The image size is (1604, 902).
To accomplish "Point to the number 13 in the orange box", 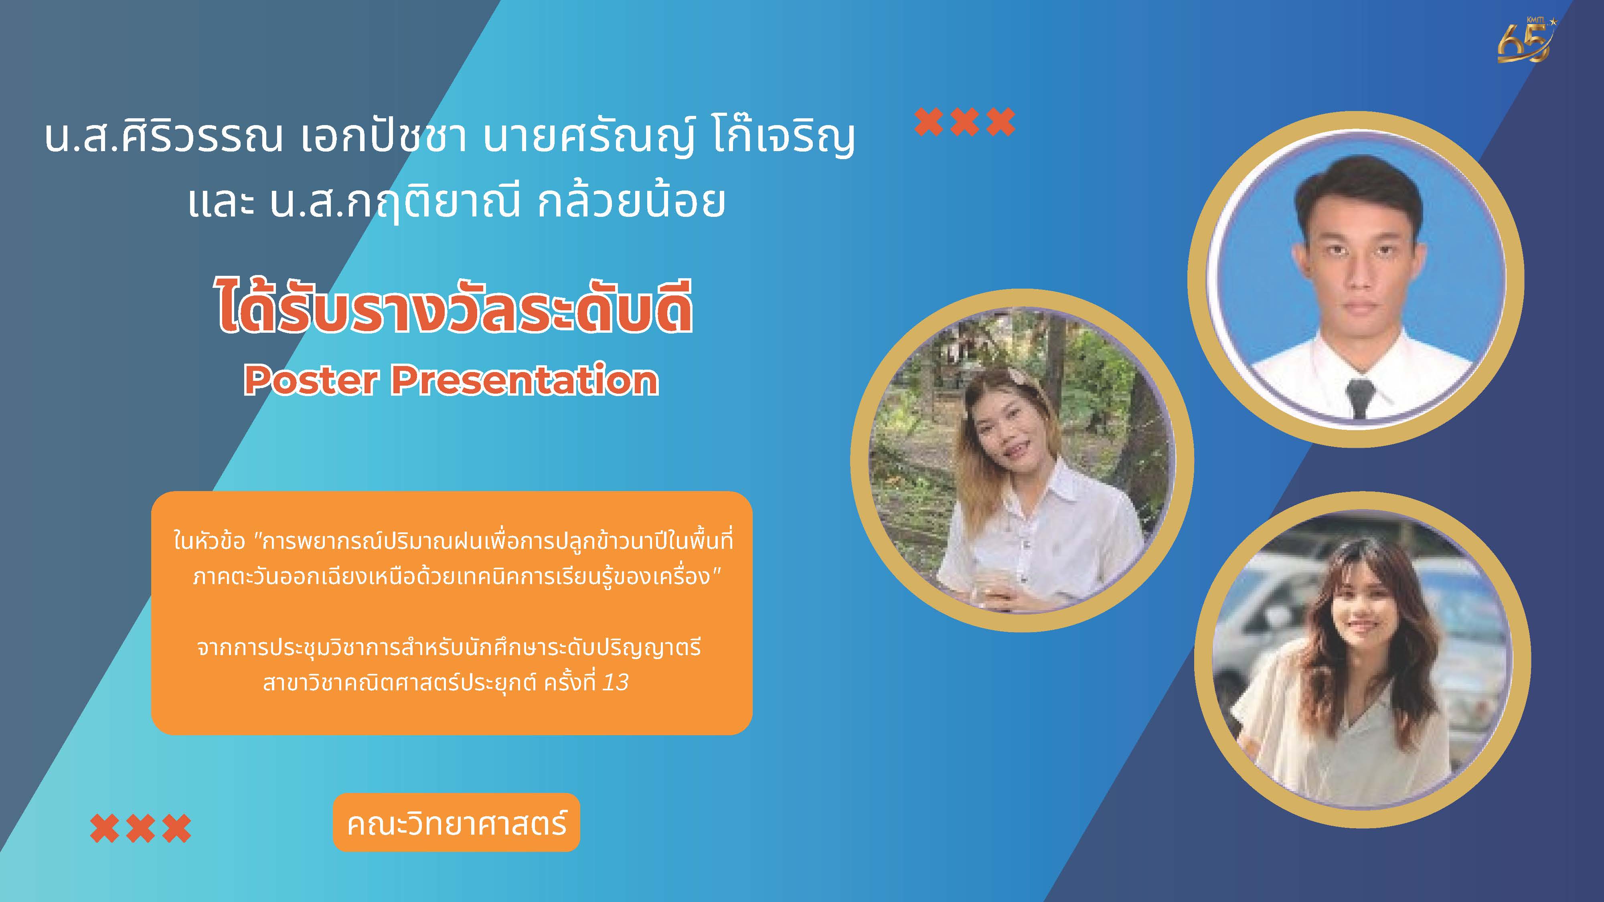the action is [615, 683].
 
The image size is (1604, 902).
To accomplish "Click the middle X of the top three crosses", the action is [964, 122].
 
